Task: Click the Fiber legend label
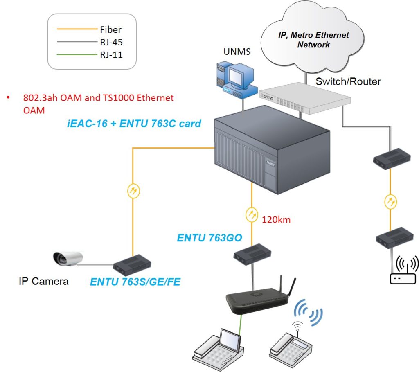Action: [110, 29]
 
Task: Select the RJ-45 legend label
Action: [111, 42]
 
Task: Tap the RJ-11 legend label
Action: [111, 55]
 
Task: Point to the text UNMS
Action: [237, 51]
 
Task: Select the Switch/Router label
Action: [348, 81]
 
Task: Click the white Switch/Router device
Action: [304, 98]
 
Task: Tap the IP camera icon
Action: [68, 258]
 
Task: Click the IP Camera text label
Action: [43, 281]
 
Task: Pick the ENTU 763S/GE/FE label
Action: [135, 282]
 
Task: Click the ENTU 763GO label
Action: [209, 238]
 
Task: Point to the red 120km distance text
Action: [276, 220]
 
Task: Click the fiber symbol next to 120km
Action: [252, 214]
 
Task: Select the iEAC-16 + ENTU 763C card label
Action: [134, 124]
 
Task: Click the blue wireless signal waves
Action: [308, 312]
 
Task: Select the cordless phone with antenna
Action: [290, 345]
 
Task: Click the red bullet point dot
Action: [8, 97]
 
